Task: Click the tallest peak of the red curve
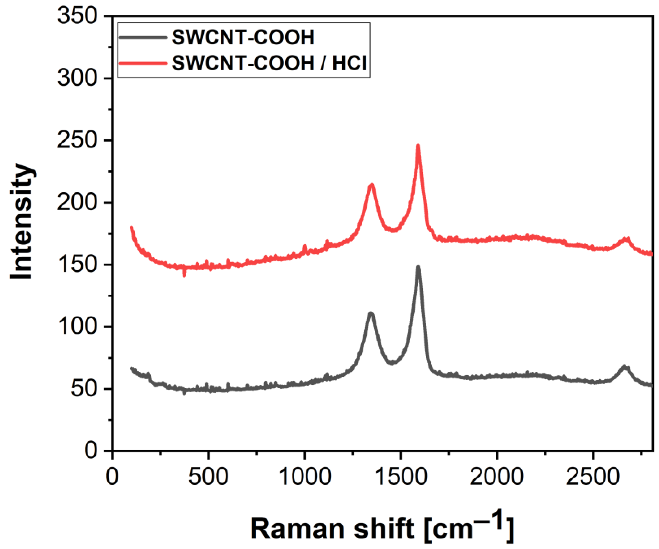point(418,146)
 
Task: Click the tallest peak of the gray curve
point(418,267)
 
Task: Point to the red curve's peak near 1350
point(372,185)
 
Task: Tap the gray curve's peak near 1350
point(371,313)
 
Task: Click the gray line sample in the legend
point(143,37)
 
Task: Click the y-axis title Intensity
point(21,221)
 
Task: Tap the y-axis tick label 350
point(77,16)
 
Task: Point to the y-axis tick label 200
point(77,203)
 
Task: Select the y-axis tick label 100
point(77,327)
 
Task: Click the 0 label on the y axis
point(91,451)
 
